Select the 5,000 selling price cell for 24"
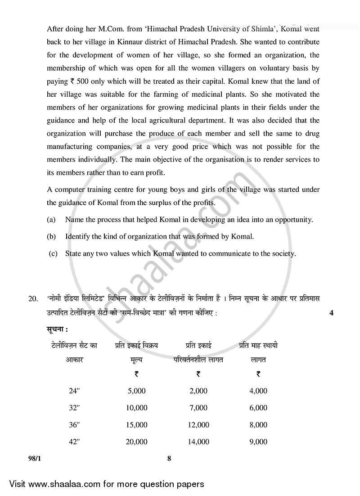[x=137, y=391]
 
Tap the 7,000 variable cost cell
[x=198, y=408]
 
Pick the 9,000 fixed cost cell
[x=258, y=442]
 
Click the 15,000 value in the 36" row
[x=137, y=424]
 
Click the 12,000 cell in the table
[x=198, y=424]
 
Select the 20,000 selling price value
[x=137, y=442]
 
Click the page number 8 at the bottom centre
[x=169, y=459]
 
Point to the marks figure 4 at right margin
[x=331, y=313]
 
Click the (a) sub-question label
[x=51, y=220]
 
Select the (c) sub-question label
[x=53, y=253]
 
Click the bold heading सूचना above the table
[x=57, y=329]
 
